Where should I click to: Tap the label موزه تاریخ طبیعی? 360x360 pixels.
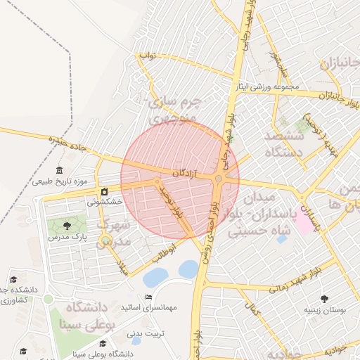pos(59,182)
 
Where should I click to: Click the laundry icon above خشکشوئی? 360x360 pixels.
pos(105,191)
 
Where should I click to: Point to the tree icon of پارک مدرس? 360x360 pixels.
pos(67,226)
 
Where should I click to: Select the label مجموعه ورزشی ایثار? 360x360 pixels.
pos(276,88)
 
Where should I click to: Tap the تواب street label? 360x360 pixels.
pos(147,55)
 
